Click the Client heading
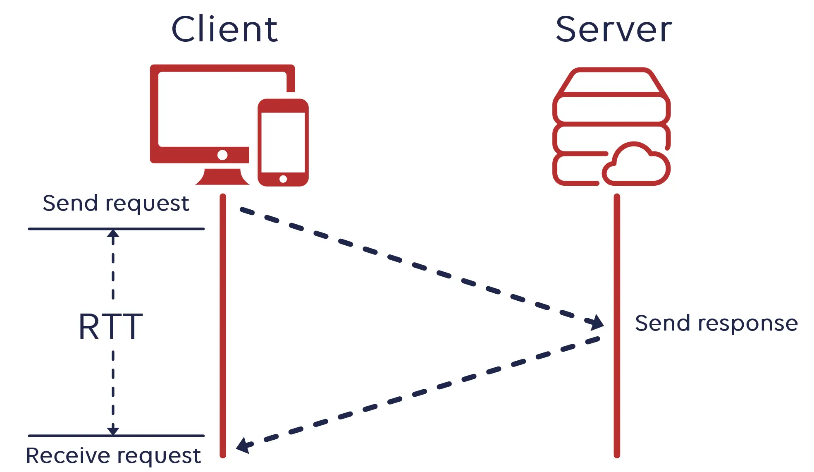coord(224,29)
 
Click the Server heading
coord(613,29)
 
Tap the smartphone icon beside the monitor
coord(283,142)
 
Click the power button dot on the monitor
coord(222,155)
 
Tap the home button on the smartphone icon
coord(283,179)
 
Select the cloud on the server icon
coord(636,165)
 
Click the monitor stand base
coord(222,178)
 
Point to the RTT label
coord(111,327)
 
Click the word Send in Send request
coord(70,203)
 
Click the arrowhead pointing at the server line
coord(595,322)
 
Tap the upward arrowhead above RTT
coord(113,234)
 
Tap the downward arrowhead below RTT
coord(113,430)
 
